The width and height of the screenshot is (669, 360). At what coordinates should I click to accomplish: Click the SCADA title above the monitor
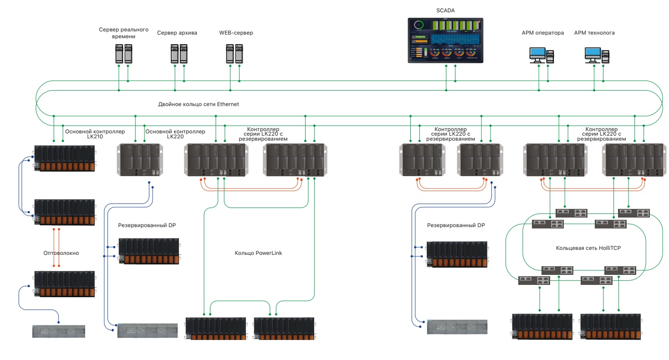(445, 10)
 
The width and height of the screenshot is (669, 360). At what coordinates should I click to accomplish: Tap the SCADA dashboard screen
(445, 40)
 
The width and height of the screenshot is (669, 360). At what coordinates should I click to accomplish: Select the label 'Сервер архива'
(177, 33)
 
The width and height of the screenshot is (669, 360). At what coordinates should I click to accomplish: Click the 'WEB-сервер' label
(236, 33)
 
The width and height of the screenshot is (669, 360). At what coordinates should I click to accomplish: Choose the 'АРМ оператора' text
(543, 33)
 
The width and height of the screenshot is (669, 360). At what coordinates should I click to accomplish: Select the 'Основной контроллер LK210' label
(95, 134)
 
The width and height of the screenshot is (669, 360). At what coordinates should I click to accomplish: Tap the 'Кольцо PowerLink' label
(258, 253)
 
